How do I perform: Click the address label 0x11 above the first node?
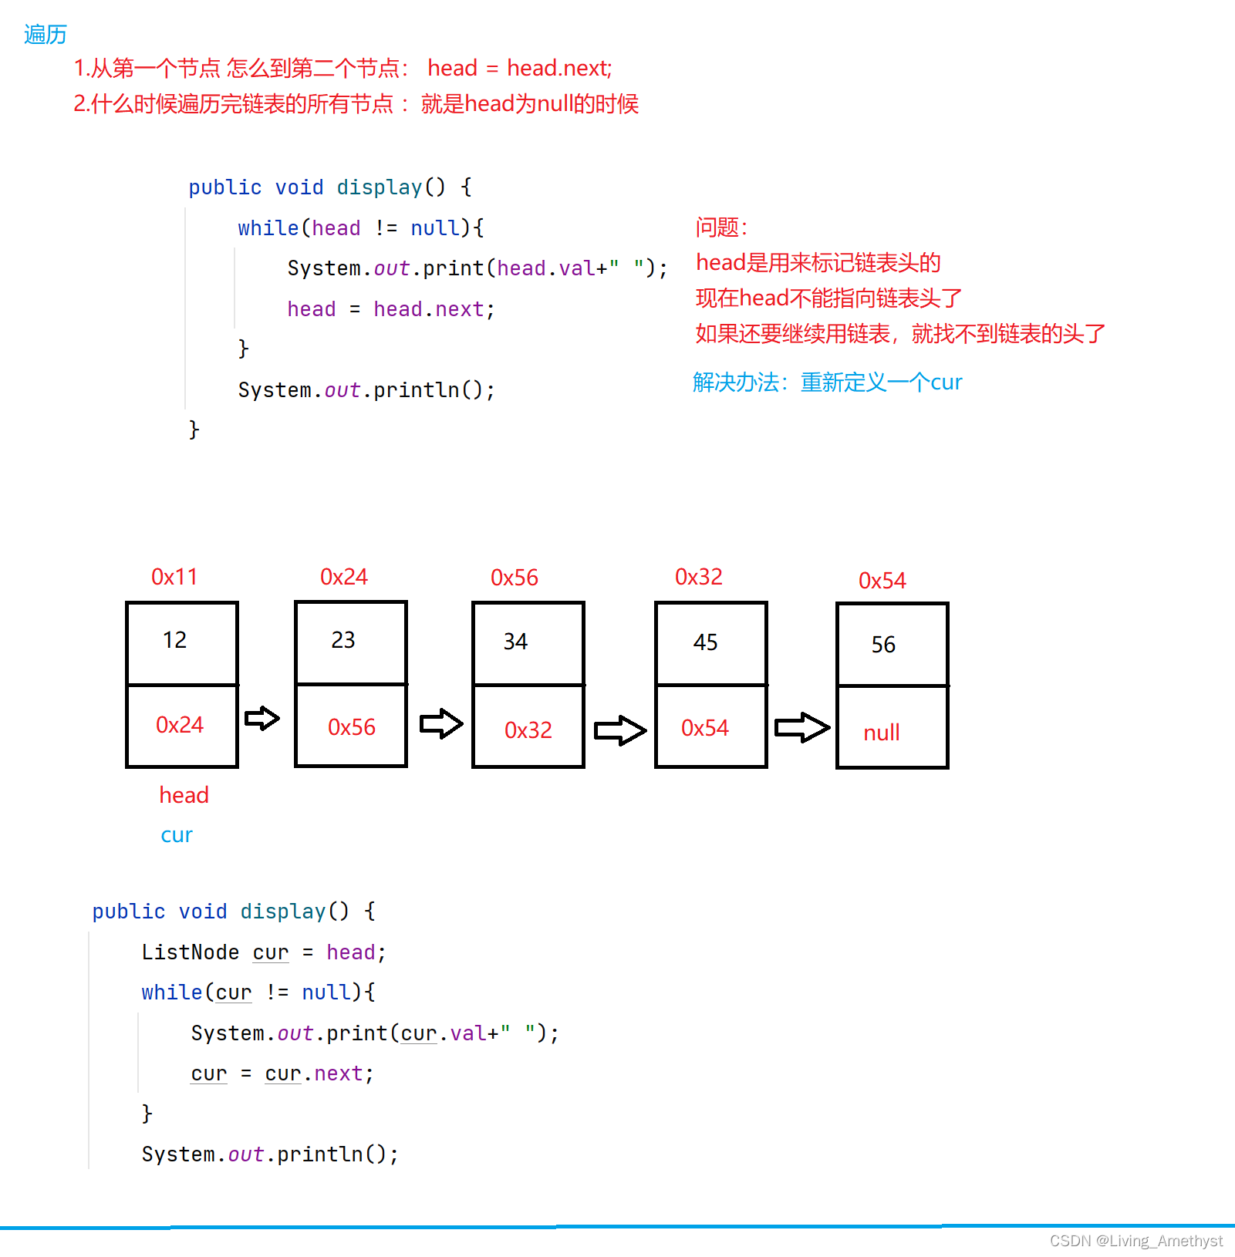click(x=174, y=577)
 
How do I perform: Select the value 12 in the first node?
click(x=174, y=640)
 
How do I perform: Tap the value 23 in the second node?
click(x=343, y=640)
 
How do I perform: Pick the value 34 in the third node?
click(x=515, y=642)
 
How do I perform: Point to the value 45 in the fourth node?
click(x=705, y=642)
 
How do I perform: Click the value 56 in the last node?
click(x=883, y=645)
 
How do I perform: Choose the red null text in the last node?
click(x=882, y=733)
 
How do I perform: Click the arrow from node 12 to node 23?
click(x=262, y=719)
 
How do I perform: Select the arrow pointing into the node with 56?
click(x=802, y=727)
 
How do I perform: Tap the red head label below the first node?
click(x=184, y=795)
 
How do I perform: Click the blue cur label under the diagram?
click(x=177, y=835)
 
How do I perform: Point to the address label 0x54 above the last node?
click(x=882, y=581)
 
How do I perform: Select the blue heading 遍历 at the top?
click(x=46, y=35)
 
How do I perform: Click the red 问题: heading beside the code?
click(x=721, y=227)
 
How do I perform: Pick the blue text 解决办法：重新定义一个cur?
click(x=827, y=382)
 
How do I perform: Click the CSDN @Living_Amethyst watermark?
click(x=1135, y=1241)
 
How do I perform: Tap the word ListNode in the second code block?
click(x=191, y=952)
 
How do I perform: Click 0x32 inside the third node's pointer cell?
click(x=528, y=730)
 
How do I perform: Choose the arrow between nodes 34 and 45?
click(x=620, y=730)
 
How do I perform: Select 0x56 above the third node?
click(x=515, y=578)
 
